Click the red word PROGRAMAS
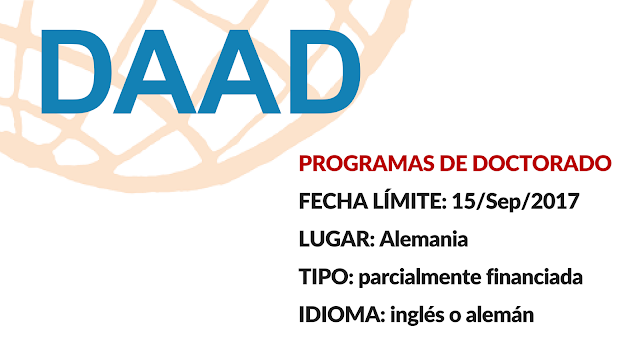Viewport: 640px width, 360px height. pyautogui.click(x=367, y=163)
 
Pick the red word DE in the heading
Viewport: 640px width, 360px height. pyautogui.click(x=453, y=163)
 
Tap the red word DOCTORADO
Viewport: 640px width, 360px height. pyautogui.click(x=542, y=163)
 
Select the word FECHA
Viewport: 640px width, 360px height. pyautogui.click(x=333, y=201)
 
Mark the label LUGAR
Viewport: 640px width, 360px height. pyautogui.click(x=337, y=239)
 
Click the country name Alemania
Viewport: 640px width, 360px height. pyautogui.click(x=424, y=239)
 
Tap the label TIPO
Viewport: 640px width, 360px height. pyautogui.click(x=326, y=277)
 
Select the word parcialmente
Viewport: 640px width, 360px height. pyautogui.click(x=420, y=278)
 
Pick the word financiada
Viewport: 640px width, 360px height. pyautogui.click(x=534, y=277)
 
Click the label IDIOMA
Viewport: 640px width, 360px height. pyautogui.click(x=342, y=315)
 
